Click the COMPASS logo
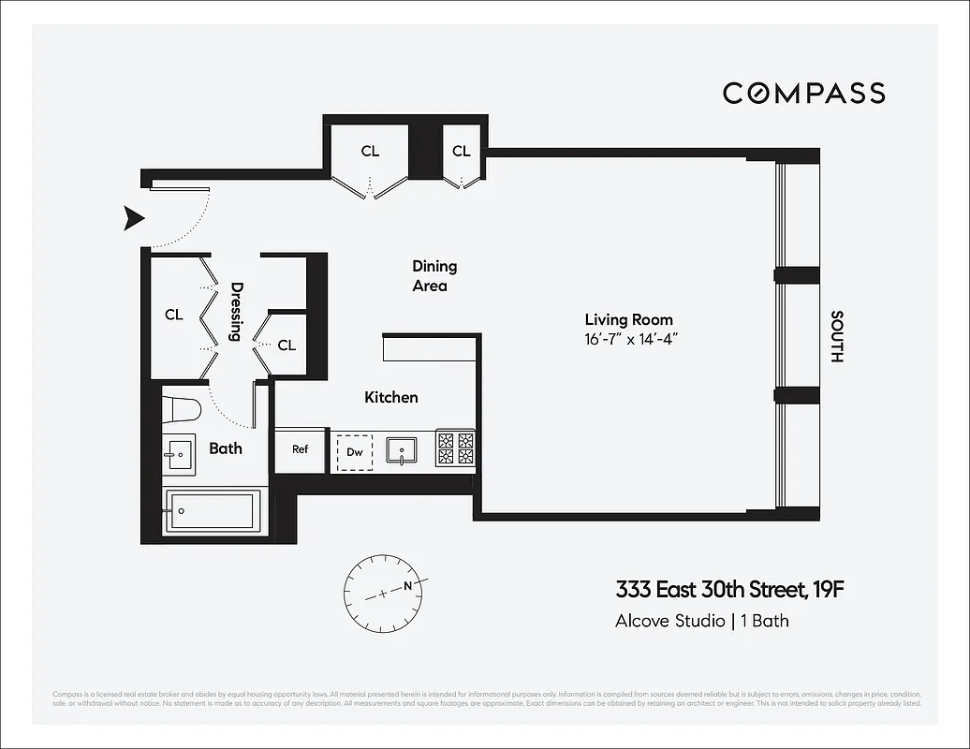(x=803, y=93)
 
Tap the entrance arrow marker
(x=135, y=219)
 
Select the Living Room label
(x=628, y=319)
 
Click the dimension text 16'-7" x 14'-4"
(x=628, y=338)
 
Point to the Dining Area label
(x=434, y=276)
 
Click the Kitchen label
(x=390, y=397)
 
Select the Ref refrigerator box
(x=300, y=449)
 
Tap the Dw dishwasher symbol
(x=355, y=451)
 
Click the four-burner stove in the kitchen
(x=456, y=448)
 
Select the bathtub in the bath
(x=213, y=511)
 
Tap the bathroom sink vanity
(x=179, y=455)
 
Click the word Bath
(x=226, y=448)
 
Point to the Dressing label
(x=236, y=312)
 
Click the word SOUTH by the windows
(x=836, y=336)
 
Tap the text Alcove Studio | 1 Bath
(x=701, y=620)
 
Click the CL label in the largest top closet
(x=370, y=151)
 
